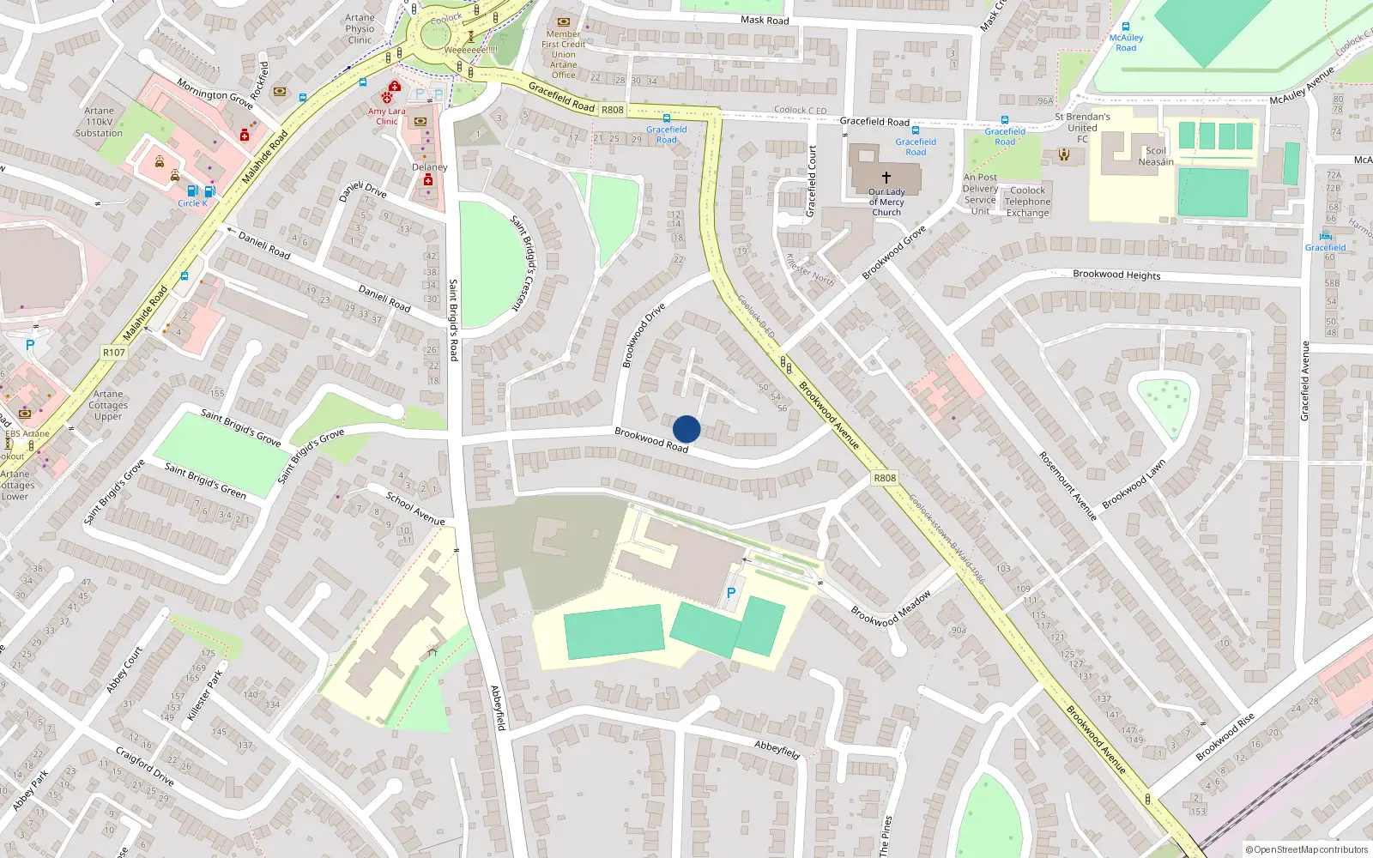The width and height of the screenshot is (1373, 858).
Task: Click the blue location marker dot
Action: (x=686, y=429)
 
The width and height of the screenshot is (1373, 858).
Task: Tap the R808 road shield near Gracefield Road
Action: (x=613, y=110)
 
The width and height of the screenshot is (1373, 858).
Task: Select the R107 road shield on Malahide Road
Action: (x=113, y=353)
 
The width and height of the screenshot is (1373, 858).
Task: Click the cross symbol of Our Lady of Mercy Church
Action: (x=886, y=177)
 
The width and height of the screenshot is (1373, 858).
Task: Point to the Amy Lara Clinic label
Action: (x=387, y=116)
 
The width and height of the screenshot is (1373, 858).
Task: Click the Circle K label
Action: (x=193, y=203)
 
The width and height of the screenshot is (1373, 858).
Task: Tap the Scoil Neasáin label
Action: (x=1156, y=156)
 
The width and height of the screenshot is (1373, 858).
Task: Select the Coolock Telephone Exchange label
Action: (x=1028, y=202)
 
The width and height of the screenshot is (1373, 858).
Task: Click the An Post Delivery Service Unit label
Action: (x=980, y=194)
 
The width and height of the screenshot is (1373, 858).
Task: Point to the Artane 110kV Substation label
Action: (x=99, y=122)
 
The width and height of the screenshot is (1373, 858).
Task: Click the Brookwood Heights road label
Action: (x=1116, y=275)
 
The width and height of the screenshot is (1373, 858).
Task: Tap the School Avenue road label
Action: (x=415, y=509)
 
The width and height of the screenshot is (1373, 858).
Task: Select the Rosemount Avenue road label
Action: (x=1068, y=486)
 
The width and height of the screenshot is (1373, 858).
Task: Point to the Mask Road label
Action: (x=765, y=20)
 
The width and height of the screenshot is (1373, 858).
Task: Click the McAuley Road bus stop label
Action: (x=1126, y=43)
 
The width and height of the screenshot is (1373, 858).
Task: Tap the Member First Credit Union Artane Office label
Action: (x=564, y=54)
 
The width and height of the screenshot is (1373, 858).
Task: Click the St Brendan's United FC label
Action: (x=1082, y=128)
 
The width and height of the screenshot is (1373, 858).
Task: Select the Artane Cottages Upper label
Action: (x=108, y=405)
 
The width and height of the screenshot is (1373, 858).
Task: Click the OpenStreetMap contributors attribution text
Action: (x=1307, y=849)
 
